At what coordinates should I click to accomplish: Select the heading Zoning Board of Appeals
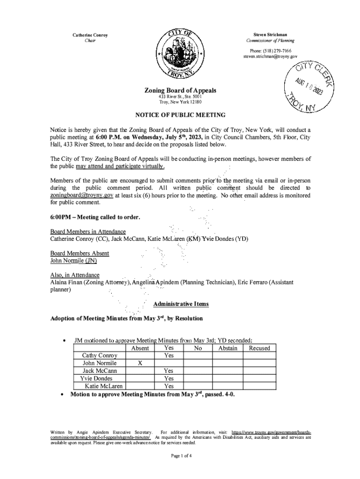180,90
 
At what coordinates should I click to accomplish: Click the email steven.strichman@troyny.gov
270,57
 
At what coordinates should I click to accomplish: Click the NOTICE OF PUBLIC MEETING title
180,115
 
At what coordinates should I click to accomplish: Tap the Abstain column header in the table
228,348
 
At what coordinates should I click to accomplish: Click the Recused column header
259,348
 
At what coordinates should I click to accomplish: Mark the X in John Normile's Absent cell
140,363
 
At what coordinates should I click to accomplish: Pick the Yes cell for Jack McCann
169,371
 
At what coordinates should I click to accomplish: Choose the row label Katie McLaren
104,386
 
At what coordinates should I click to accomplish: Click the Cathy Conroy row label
100,356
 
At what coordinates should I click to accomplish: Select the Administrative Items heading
181,304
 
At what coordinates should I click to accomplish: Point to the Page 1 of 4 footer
180,456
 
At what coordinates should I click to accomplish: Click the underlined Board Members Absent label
79,253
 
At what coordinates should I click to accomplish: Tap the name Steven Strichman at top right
270,35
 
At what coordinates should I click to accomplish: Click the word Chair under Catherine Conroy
90,41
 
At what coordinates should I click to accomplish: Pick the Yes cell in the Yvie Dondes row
169,378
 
